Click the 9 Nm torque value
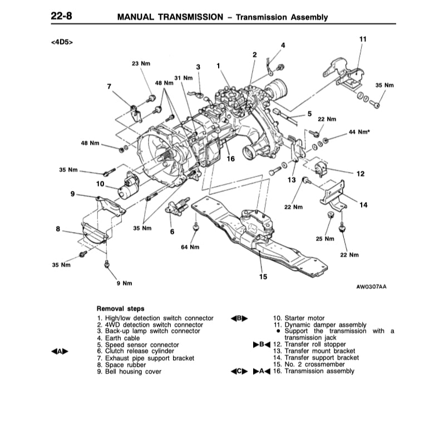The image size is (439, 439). pos(124,283)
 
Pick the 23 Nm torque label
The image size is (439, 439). pos(141,63)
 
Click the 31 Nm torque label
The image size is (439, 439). pos(183,78)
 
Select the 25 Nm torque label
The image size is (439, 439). pos(325,239)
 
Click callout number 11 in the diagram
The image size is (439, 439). pos(363,39)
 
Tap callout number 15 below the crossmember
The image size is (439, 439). pos(263,277)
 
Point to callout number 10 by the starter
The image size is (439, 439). pos(100,183)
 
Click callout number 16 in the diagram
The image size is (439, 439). pos(230,159)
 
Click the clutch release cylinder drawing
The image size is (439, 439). pos(176,209)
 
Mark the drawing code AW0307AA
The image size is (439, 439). pos(371,287)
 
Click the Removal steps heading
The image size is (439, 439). pos(120,308)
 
